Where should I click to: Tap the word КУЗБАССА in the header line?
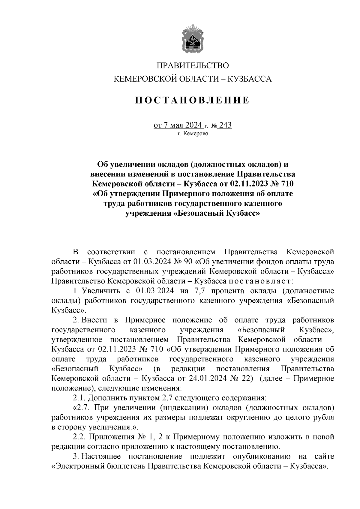coord(250,79)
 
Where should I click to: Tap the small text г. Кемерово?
coord(193,134)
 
